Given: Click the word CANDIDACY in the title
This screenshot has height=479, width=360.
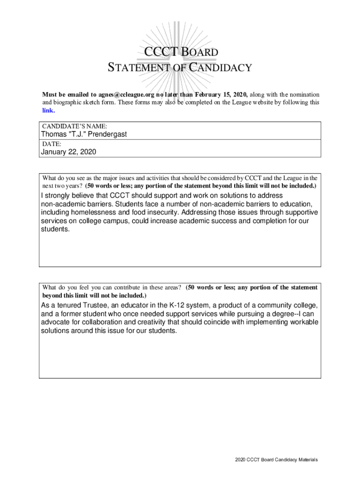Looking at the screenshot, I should [220, 68].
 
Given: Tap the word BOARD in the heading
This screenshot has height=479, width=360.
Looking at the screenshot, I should [198, 52].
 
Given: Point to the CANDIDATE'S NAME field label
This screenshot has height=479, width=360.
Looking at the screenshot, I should [75, 126].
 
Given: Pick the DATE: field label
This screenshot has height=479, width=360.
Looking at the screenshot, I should [52, 144].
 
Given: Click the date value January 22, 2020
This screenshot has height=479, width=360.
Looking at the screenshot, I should [69, 152].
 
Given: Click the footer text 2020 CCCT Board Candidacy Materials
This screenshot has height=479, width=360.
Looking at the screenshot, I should [276, 460].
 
